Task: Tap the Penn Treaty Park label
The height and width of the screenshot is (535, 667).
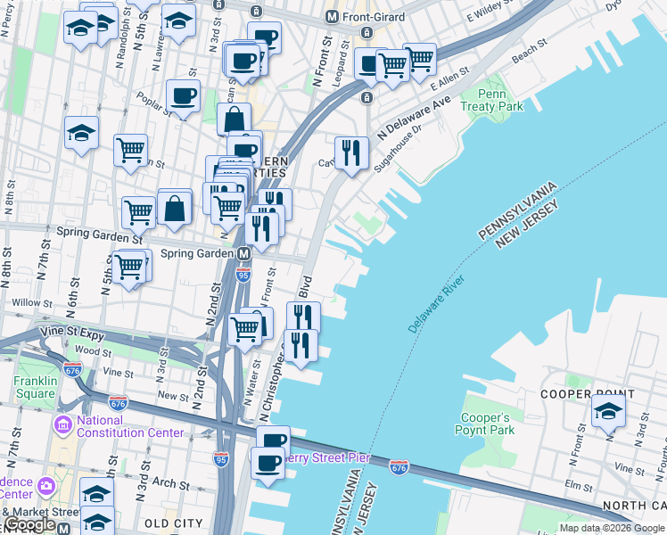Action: [491, 100]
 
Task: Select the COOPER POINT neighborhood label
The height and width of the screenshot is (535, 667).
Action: [588, 394]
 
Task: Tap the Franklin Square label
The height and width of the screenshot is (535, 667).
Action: [35, 387]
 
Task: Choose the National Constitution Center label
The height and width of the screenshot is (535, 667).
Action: [130, 427]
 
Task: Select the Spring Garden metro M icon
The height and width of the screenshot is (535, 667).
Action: [243, 254]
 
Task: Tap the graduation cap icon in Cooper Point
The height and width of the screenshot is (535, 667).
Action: [608, 410]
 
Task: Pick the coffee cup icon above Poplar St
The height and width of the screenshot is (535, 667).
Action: [183, 95]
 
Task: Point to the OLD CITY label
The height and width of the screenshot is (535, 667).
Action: [174, 523]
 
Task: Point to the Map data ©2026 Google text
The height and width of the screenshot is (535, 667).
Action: [612, 528]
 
